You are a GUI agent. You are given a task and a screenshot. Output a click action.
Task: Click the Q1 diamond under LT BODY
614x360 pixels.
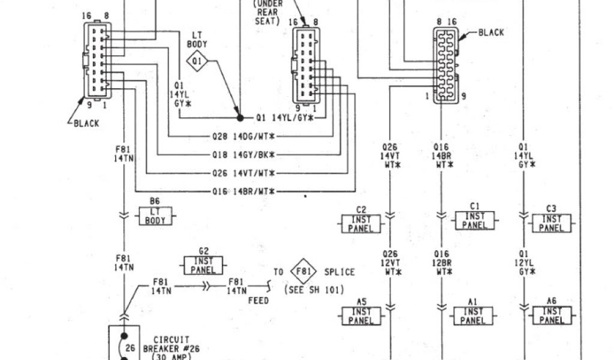(198, 60)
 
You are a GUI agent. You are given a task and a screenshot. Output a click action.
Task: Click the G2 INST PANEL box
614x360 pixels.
(203, 266)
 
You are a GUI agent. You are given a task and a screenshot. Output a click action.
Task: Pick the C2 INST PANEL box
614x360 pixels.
(362, 223)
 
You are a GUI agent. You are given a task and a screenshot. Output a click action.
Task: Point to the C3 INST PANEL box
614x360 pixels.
(551, 223)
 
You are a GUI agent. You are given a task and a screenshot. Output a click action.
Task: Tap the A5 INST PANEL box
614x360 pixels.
(362, 316)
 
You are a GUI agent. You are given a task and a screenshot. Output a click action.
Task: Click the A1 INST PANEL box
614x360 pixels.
(474, 316)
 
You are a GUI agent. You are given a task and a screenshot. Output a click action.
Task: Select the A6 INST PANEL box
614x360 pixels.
(552, 316)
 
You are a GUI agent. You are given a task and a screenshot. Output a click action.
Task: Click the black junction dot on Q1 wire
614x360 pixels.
(239, 118)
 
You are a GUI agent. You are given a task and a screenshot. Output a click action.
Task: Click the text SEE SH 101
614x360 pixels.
(314, 290)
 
